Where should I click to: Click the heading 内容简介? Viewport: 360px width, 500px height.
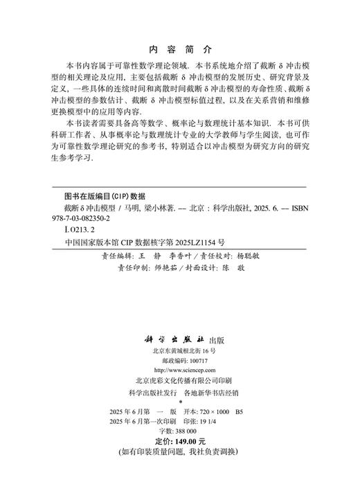pyautogui.click(x=179, y=50)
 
